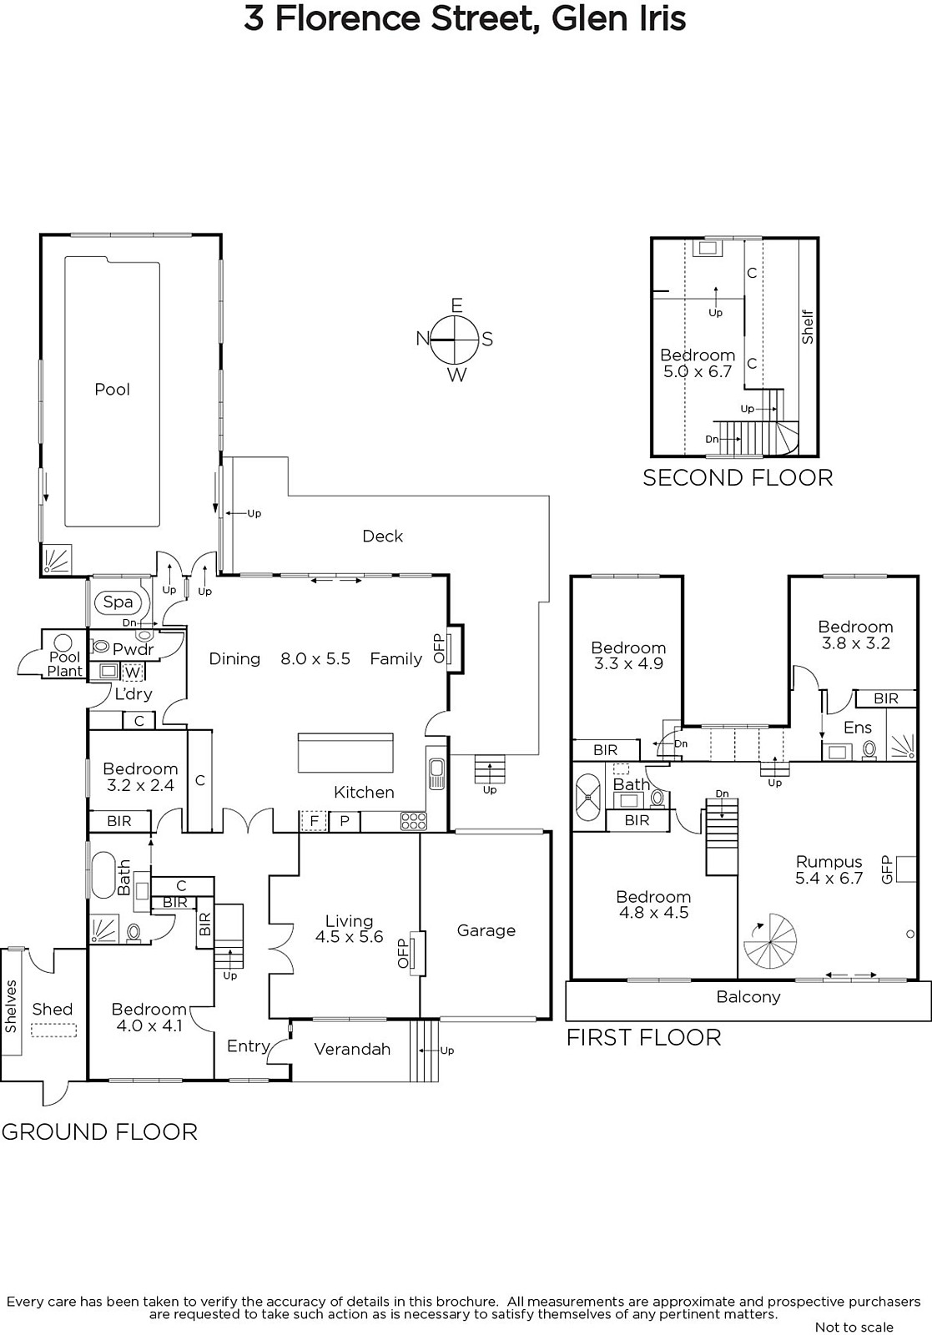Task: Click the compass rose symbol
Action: coord(456,340)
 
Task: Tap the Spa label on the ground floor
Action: coord(118,602)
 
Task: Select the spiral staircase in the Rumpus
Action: coord(770,942)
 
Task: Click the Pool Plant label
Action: coord(65,664)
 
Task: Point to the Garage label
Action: coord(486,930)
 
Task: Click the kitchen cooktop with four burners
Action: coord(414,821)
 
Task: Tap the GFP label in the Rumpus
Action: coord(886,869)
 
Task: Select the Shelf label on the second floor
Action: coord(808,326)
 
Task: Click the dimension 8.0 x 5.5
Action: coord(315,658)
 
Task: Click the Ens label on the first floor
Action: coord(858,728)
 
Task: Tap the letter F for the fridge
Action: coord(314,821)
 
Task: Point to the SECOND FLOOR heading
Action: coord(738,478)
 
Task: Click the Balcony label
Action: coord(748,997)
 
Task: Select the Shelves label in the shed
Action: coord(12,1006)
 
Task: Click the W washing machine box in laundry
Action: coord(133,673)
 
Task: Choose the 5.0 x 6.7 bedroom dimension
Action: coord(698,372)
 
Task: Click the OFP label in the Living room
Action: coord(404,955)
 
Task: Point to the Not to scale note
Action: coord(854,1327)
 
